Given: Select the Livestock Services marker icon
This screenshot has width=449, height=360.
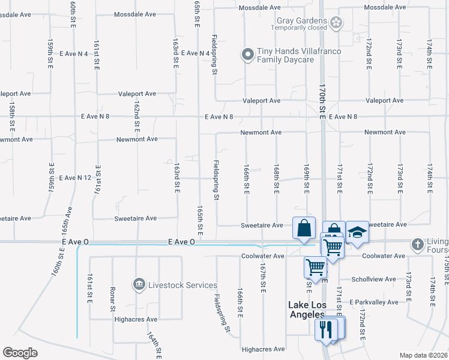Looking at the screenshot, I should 139,283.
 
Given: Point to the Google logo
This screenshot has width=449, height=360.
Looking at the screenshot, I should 20,353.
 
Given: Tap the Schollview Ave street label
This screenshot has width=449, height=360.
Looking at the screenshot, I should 373,279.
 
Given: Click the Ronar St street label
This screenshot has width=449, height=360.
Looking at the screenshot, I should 113,300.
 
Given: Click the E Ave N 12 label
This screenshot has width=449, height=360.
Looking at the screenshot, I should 74,178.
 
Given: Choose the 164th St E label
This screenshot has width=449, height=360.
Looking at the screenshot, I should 155,348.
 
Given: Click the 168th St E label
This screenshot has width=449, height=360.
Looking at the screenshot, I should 277,179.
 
